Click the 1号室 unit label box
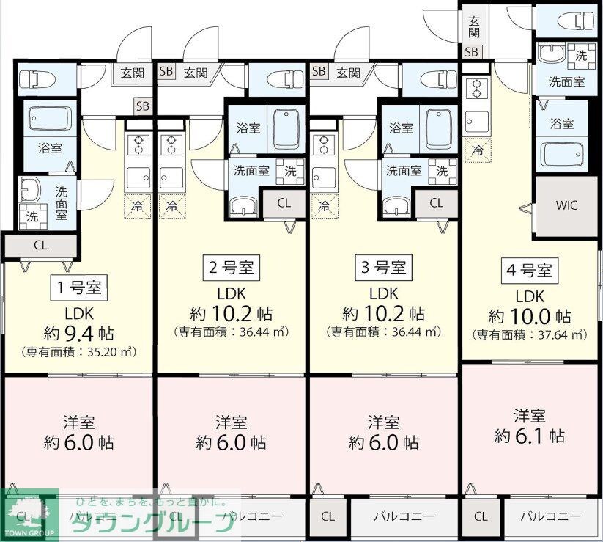tap(79, 286)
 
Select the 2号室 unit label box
tap(231, 268)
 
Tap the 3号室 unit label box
tap(383, 268)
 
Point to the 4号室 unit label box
tap(530, 270)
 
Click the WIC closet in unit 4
tap(567, 205)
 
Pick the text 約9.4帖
tap(79, 332)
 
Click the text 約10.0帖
tap(530, 316)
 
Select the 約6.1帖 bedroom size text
tap(529, 436)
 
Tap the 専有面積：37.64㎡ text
tap(530, 335)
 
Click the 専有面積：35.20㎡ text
tap(79, 351)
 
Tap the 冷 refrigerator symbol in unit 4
tap(477, 150)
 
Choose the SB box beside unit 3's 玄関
tap(319, 72)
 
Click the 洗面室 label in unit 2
tap(251, 172)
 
